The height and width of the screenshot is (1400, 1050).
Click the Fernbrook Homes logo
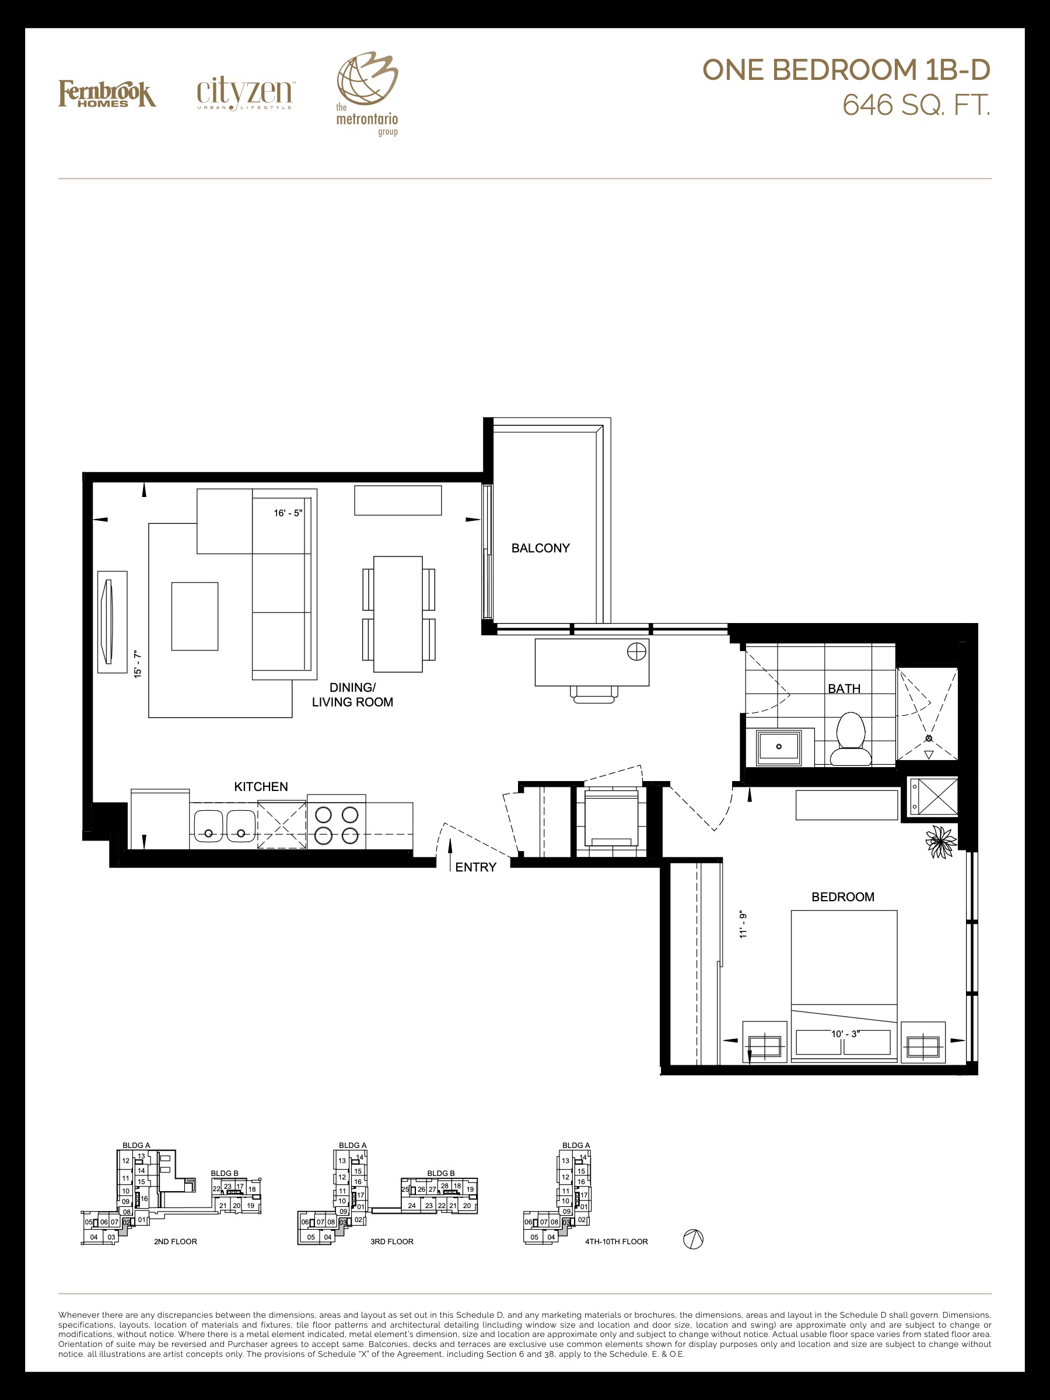[107, 94]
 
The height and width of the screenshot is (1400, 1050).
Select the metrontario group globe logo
[367, 94]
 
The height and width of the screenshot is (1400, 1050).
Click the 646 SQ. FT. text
[915, 105]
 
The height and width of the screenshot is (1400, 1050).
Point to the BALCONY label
[541, 548]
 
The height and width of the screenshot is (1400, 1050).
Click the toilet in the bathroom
[850, 738]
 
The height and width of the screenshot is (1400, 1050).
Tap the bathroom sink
[779, 746]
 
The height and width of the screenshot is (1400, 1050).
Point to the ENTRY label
[475, 867]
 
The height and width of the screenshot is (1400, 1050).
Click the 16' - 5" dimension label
[288, 513]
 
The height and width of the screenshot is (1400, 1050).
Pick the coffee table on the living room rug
[195, 617]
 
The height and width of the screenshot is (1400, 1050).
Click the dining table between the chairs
[398, 614]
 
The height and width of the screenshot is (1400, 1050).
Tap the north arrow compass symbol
[693, 1238]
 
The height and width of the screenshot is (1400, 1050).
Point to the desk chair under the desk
[594, 694]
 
